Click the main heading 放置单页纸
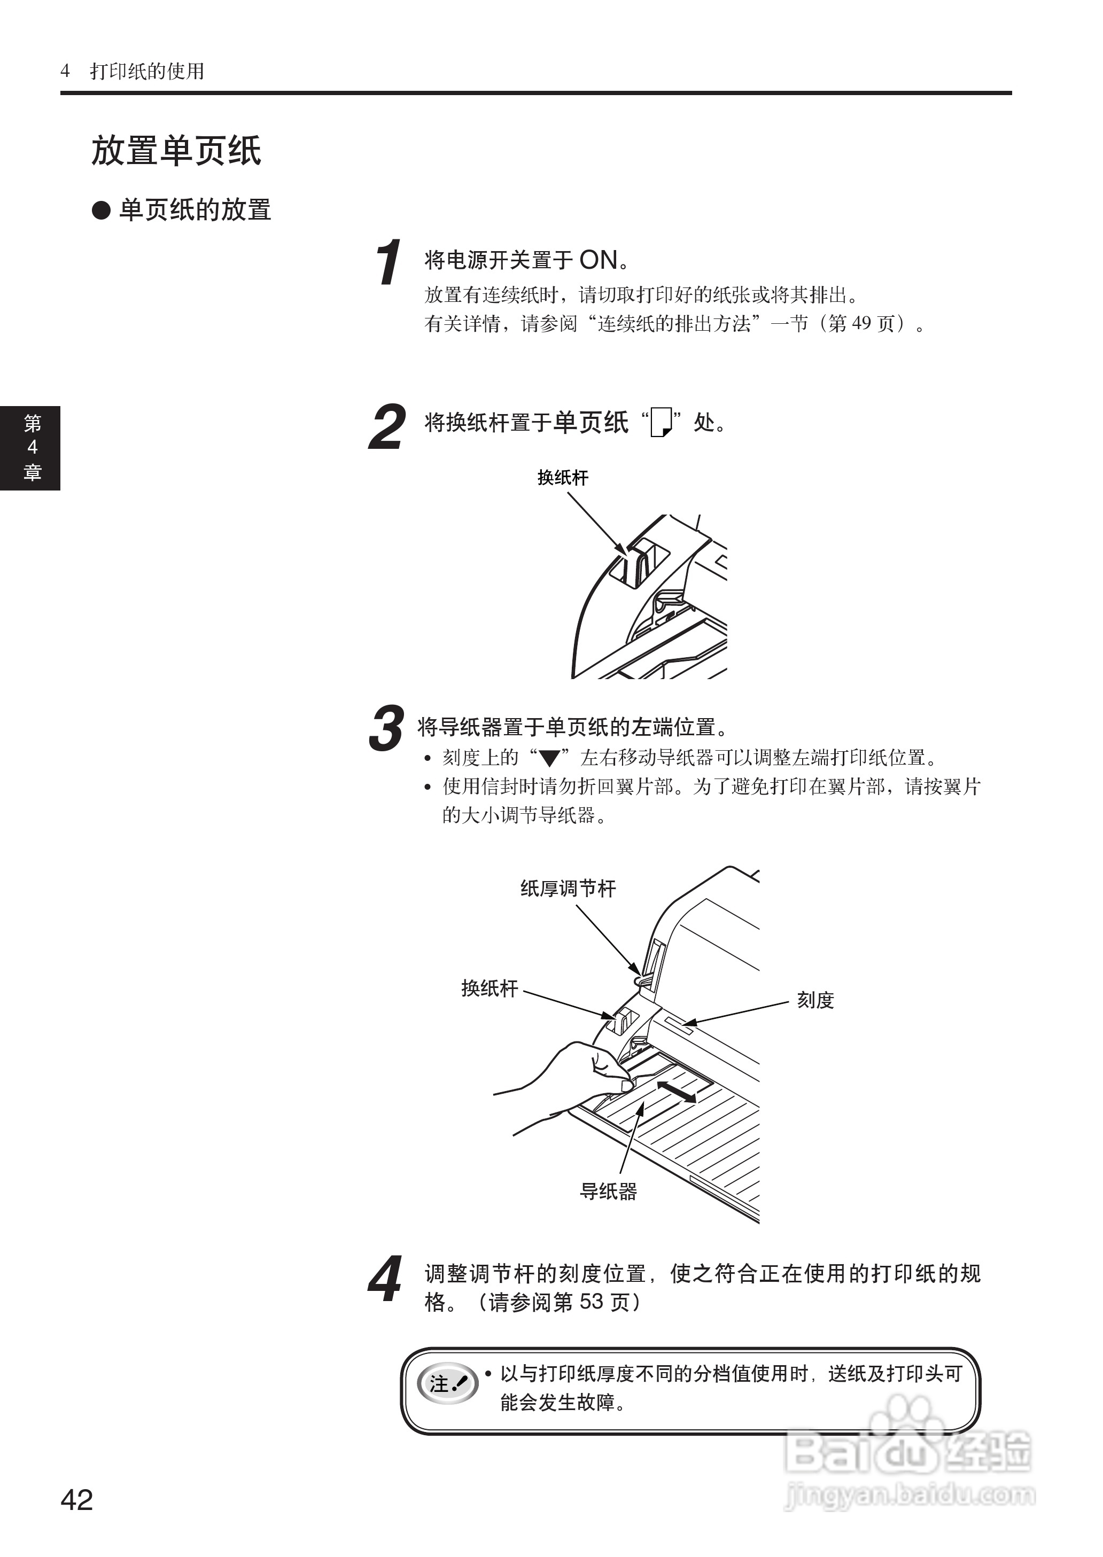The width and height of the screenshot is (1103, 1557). click(x=176, y=151)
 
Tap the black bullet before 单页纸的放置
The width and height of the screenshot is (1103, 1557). click(x=101, y=210)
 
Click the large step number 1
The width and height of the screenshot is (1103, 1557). click(x=389, y=262)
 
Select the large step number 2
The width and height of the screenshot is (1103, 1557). click(x=387, y=426)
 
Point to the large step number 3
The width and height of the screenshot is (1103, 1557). click(x=386, y=729)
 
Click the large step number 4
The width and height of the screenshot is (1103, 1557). click(x=386, y=1279)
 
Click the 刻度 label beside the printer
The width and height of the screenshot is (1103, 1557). click(x=815, y=1000)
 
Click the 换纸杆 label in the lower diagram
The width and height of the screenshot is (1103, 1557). click(x=489, y=988)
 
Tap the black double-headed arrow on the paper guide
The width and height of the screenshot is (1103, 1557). click(x=676, y=1093)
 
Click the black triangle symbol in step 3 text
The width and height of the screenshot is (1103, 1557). click(x=549, y=758)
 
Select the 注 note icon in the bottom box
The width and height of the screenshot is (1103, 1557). click(x=447, y=1383)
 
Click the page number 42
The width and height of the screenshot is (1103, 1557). click(x=77, y=1499)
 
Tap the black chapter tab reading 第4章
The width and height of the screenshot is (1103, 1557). click(x=30, y=448)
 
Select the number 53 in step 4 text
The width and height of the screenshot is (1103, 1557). click(x=591, y=1301)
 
